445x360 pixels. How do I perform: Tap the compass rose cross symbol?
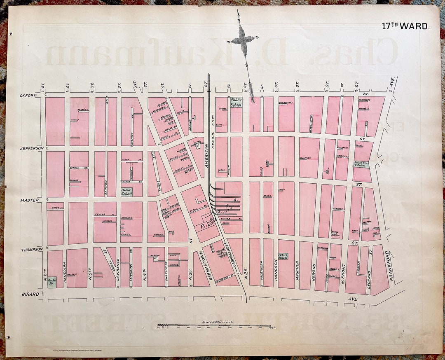click(x=243, y=40)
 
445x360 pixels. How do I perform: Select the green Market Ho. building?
click(x=52, y=282)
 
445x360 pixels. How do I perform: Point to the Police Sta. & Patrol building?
click(x=361, y=164)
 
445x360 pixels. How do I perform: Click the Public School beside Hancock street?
click(x=283, y=256)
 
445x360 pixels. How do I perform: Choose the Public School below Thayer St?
click(x=126, y=192)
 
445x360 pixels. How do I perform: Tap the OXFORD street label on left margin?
click(x=28, y=95)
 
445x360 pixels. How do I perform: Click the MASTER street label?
click(x=30, y=200)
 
